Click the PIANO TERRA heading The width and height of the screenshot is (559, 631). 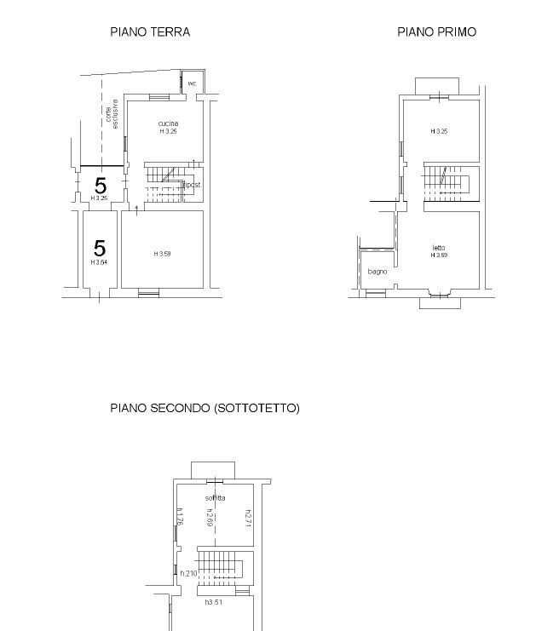click(x=150, y=32)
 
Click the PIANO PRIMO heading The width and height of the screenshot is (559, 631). click(x=436, y=32)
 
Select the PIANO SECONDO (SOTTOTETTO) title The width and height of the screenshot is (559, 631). click(x=205, y=409)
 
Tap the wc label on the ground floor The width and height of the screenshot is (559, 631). click(x=192, y=83)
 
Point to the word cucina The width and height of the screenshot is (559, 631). click(x=168, y=123)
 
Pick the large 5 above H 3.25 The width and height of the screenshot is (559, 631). click(x=101, y=184)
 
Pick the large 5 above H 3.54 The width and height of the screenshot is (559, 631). click(x=100, y=248)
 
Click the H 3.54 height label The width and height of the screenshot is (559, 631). click(x=100, y=262)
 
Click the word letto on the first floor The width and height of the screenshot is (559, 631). click(x=439, y=248)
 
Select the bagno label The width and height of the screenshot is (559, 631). click(x=377, y=272)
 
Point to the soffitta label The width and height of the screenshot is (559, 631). click(x=215, y=497)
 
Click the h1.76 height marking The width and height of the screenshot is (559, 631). click(x=181, y=517)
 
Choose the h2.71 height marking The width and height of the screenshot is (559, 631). click(x=248, y=517)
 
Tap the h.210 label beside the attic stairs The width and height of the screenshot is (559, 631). click(x=188, y=574)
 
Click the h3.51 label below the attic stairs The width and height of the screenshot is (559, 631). click(x=214, y=602)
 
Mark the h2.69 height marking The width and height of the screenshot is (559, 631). click(x=209, y=517)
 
